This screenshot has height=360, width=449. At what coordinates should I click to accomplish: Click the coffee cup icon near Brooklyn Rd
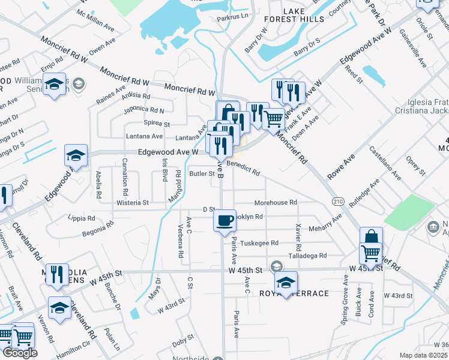click(x=225, y=220)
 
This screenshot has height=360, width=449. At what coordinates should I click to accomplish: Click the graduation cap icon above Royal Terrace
click(x=286, y=281)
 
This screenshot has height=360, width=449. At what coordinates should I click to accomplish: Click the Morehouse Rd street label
click(x=276, y=203)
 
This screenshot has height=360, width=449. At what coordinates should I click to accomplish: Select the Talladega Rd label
click(x=307, y=256)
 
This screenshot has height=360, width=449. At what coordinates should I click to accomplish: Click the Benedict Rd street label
click(x=243, y=171)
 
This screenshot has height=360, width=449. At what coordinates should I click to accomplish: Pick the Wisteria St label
click(x=133, y=203)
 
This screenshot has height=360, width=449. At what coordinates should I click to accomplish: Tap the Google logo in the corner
click(x=20, y=353)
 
